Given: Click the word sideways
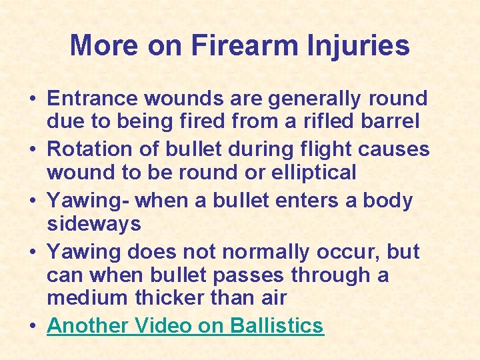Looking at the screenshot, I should point(93,224).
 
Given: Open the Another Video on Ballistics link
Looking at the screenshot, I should point(185,325).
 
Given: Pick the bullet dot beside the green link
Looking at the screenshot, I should point(32,327).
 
